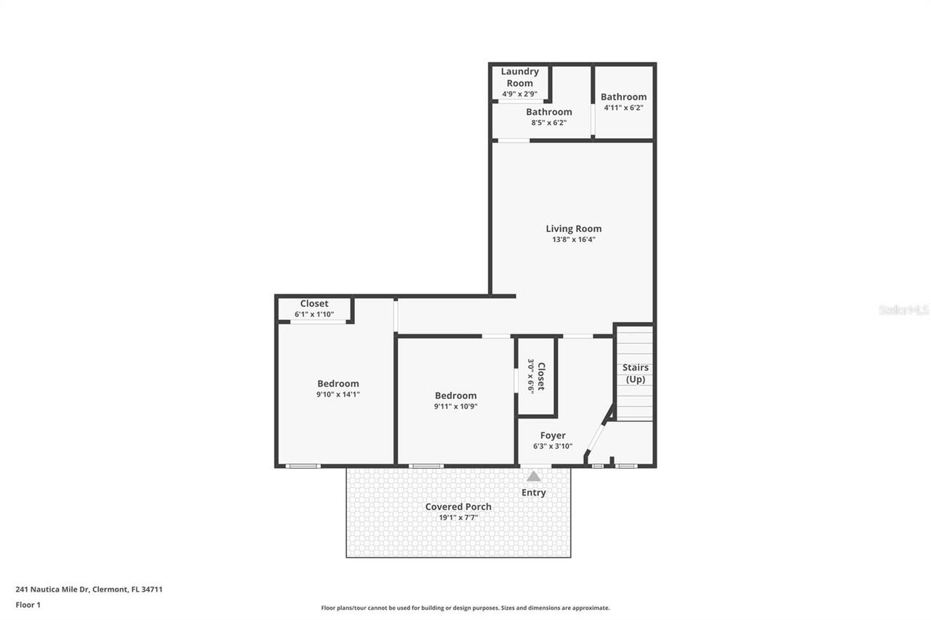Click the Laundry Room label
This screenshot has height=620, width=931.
[x=519, y=77]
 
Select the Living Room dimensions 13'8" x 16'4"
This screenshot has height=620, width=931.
[x=573, y=240]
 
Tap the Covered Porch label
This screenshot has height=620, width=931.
[x=458, y=507]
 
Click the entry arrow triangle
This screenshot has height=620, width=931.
[x=534, y=477]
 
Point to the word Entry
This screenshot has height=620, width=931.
[x=533, y=493]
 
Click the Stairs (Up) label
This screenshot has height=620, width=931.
[x=635, y=374]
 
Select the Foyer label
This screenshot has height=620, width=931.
[x=553, y=435]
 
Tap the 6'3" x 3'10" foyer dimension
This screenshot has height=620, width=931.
[x=553, y=447]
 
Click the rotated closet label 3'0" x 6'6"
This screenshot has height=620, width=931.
[x=536, y=377]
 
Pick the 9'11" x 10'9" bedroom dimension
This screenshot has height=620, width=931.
[x=455, y=407]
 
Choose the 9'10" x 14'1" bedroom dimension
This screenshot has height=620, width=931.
[x=337, y=395]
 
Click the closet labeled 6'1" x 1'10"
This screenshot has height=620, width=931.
[x=314, y=309]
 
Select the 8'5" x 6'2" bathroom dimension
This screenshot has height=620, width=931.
[x=548, y=123]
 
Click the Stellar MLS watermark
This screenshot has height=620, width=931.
[x=903, y=310]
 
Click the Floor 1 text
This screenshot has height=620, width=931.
[x=28, y=605]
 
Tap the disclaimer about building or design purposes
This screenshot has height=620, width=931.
[x=465, y=608]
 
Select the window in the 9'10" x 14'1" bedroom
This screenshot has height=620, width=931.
[x=303, y=466]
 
